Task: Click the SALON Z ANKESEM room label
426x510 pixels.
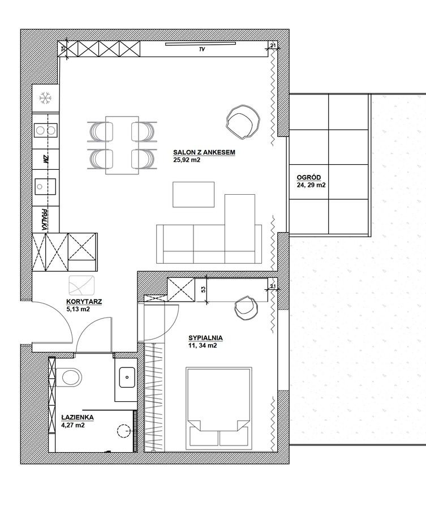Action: click(204, 152)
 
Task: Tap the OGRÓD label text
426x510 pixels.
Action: click(308, 178)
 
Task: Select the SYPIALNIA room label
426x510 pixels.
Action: click(205, 338)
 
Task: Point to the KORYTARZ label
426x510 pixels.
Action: click(84, 302)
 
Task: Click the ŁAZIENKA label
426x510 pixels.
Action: click(78, 417)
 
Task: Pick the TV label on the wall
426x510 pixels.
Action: click(203, 50)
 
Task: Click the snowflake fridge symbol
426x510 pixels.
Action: click(45, 98)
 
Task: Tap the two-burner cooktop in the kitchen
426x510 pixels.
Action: click(45, 130)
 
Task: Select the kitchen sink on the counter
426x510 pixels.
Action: click(45, 186)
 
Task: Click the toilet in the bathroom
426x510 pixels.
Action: click(68, 378)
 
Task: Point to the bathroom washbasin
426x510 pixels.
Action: click(127, 378)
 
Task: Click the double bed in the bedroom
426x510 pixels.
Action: click(219, 409)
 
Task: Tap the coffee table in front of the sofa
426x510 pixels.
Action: click(193, 195)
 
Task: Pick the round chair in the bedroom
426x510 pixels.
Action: click(246, 308)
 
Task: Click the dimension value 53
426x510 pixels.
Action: click(204, 290)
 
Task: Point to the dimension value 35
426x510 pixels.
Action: click(63, 49)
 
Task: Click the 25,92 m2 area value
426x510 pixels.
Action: click(187, 160)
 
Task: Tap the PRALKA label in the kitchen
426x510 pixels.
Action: click(45, 220)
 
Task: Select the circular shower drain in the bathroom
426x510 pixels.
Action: click(123, 432)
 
